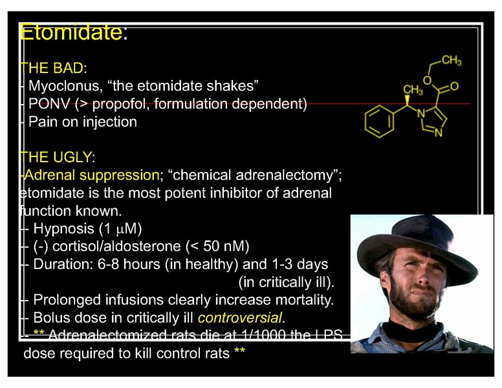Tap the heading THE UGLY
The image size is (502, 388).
point(57,157)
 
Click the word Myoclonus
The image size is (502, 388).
point(62,86)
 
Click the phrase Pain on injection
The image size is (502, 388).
point(82,122)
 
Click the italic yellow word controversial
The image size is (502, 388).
point(240,318)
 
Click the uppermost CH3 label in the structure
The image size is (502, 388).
point(451,61)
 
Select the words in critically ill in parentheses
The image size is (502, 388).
point(285,283)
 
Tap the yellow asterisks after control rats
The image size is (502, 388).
point(239,354)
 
